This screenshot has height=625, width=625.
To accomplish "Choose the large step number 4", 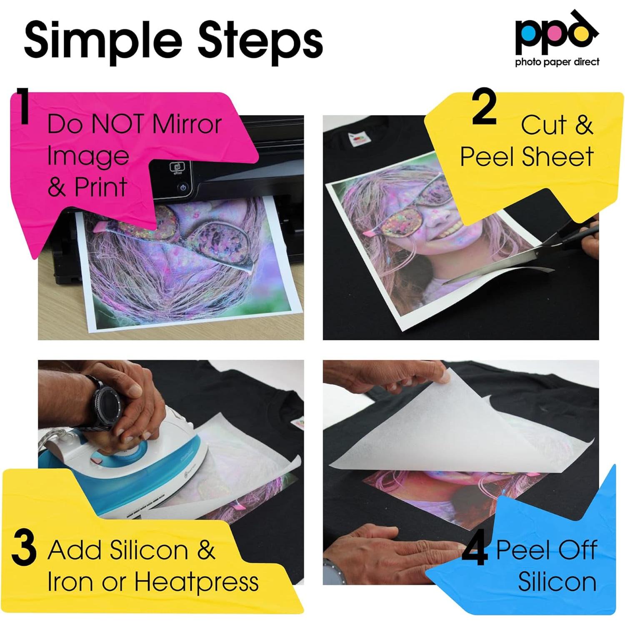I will tap(475, 551).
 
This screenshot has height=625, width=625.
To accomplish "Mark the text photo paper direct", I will tap(557, 62).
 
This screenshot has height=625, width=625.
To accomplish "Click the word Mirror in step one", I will tap(186, 124).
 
